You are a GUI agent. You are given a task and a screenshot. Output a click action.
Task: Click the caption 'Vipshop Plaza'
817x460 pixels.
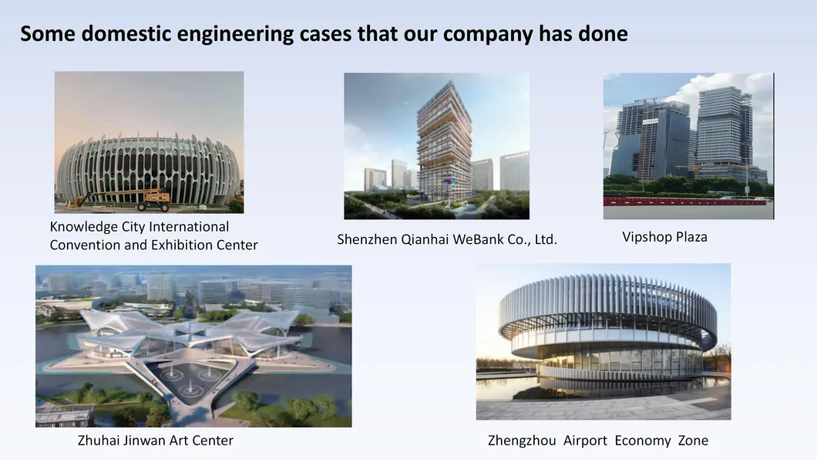point(664,237)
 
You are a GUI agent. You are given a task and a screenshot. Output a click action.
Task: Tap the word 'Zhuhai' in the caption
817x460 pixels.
point(97,441)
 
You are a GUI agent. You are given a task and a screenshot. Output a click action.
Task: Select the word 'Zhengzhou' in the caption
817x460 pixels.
point(522,441)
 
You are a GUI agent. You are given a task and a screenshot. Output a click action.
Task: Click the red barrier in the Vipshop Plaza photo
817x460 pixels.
point(686,201)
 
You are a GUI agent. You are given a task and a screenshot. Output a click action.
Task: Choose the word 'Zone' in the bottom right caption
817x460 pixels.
point(693,441)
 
